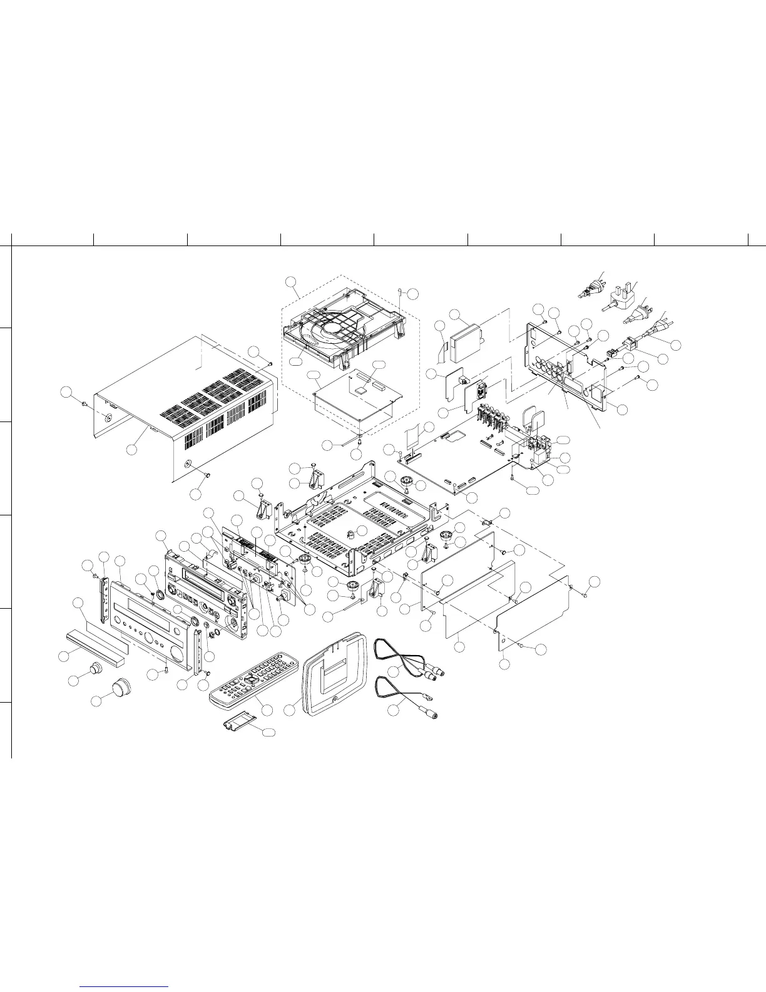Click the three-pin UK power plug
click(620, 301)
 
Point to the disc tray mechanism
click(341, 329)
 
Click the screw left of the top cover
click(84, 405)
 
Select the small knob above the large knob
click(95, 668)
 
